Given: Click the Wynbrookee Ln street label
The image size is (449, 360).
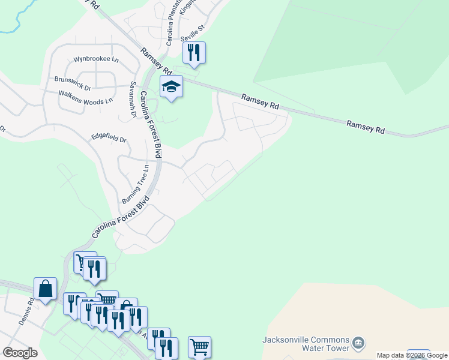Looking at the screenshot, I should click(96, 60).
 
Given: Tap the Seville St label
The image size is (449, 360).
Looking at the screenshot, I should click(193, 28).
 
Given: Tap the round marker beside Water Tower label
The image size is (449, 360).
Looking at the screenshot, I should click(358, 343).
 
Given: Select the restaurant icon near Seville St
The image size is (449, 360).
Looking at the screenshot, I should click(194, 53).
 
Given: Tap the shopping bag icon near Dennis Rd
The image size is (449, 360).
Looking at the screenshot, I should click(45, 289).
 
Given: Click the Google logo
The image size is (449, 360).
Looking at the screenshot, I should click(20, 353).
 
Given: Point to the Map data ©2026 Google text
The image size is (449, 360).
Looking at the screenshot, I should click(412, 355).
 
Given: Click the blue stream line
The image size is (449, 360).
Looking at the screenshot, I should click(18, 21).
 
